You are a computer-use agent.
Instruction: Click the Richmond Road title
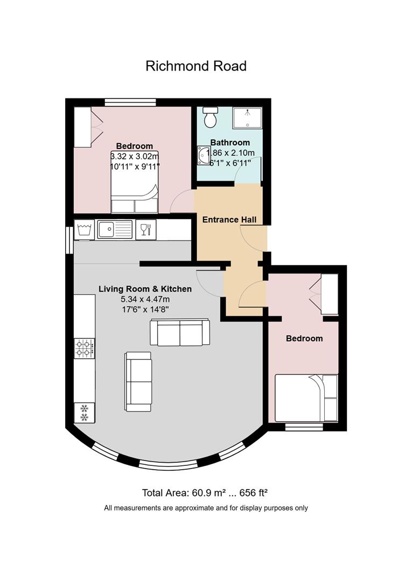196,66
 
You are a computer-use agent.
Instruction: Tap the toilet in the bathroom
210,117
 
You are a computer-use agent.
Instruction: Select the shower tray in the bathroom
247,118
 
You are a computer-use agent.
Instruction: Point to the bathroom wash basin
204,155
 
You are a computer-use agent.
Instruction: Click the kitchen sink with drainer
115,229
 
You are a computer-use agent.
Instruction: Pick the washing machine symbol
85,230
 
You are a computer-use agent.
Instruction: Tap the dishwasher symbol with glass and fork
146,230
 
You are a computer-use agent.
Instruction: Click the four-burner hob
85,348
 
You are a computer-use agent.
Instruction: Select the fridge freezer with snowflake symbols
85,413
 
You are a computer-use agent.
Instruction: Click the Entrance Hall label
229,219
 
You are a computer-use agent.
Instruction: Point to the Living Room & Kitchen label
145,289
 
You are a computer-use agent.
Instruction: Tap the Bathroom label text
230,143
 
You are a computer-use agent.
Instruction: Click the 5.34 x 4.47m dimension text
145,300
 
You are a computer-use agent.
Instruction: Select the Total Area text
205,493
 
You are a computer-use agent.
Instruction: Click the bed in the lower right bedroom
306,398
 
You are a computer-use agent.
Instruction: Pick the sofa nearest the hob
138,381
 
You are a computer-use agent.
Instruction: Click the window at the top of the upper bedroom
130,102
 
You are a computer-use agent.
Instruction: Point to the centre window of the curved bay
168,465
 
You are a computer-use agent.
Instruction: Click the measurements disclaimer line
206,508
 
